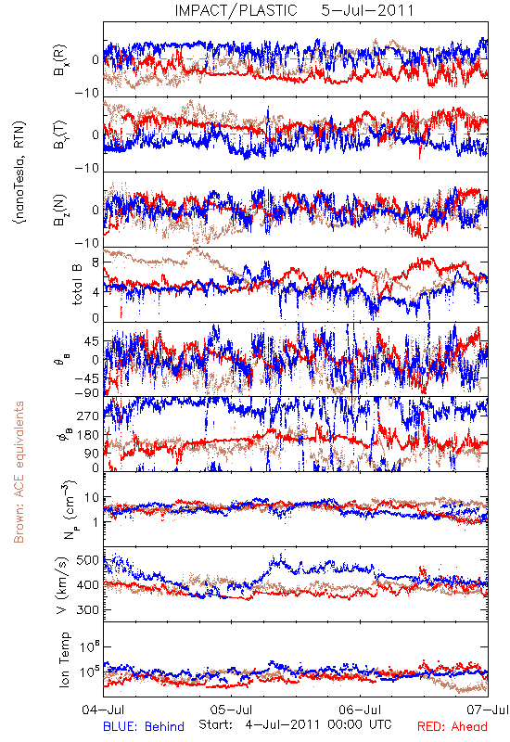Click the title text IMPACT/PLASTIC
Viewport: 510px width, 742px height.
pyautogui.click(x=236, y=10)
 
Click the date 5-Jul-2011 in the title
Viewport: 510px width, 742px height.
pyautogui.click(x=367, y=10)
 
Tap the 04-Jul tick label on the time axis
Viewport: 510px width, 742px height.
pyautogui.click(x=103, y=710)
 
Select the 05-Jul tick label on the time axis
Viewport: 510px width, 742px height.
pyautogui.click(x=231, y=710)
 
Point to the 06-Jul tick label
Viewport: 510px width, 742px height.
pyautogui.click(x=360, y=710)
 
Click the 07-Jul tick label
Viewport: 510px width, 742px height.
pyautogui.click(x=488, y=710)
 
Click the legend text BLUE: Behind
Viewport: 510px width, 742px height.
pyautogui.click(x=144, y=726)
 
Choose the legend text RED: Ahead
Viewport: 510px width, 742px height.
pyautogui.click(x=452, y=726)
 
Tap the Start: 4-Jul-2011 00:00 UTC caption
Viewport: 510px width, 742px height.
pyautogui.click(x=295, y=724)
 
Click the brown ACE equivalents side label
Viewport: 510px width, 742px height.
pyautogui.click(x=19, y=472)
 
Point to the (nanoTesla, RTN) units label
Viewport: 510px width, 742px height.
pyautogui.click(x=20, y=173)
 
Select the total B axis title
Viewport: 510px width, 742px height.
pyautogui.click(x=77, y=284)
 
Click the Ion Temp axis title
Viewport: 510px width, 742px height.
pyautogui.click(x=64, y=659)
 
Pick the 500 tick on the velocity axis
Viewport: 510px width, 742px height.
pyautogui.click(x=88, y=560)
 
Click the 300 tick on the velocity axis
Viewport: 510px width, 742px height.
pyautogui.click(x=88, y=609)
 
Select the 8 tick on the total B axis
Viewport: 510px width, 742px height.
pyautogui.click(x=96, y=262)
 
